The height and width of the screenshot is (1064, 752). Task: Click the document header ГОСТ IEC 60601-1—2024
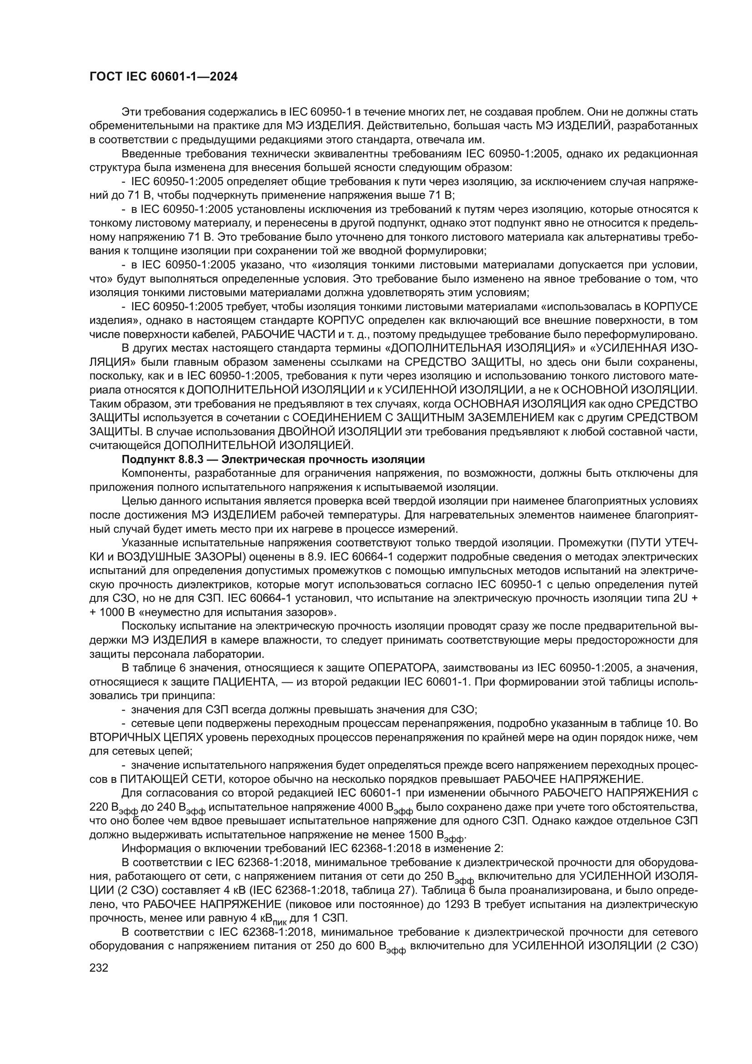click(x=163, y=77)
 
